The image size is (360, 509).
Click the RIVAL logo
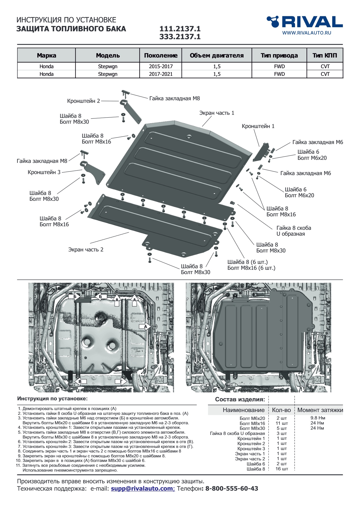point(304,22)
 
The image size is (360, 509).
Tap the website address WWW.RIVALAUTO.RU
point(307,33)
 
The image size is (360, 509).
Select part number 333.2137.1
point(180,37)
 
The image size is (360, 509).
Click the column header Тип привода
point(279,55)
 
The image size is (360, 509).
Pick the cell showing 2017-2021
point(161,74)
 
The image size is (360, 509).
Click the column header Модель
point(108,55)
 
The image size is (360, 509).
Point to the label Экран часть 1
point(217,113)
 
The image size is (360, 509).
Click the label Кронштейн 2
point(84,101)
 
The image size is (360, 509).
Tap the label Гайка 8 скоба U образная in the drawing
point(294,231)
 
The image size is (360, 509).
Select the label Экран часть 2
point(86,250)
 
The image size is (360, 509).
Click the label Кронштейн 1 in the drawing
point(258,126)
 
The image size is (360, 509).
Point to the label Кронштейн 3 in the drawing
point(44,172)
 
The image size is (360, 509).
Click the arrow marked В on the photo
point(80,381)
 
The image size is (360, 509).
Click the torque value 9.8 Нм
point(317,418)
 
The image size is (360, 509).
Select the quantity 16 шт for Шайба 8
point(282,469)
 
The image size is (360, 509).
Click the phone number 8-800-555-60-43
point(232,489)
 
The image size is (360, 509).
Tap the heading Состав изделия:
point(240,400)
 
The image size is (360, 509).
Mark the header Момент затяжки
point(320,410)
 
